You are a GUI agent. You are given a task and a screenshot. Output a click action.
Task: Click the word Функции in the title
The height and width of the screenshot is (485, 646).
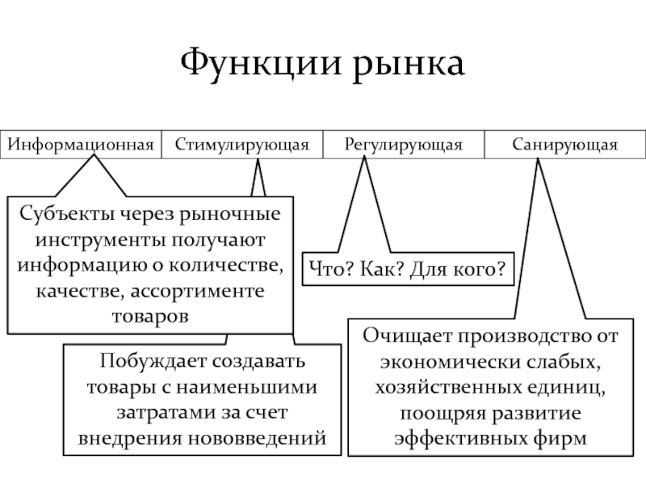tap(261, 63)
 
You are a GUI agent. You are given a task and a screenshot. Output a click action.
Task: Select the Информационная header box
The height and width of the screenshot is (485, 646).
tap(81, 145)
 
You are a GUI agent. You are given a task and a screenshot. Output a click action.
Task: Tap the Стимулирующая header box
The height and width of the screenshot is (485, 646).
tap(242, 145)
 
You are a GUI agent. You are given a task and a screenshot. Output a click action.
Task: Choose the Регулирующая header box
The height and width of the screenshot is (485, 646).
tap(404, 145)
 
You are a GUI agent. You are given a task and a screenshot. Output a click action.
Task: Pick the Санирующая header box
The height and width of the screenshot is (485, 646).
tap(565, 145)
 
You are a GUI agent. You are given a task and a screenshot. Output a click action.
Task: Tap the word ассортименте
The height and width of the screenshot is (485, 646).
tap(197, 292)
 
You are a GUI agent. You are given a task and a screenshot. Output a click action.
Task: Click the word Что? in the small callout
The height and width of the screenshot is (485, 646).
tap(331, 269)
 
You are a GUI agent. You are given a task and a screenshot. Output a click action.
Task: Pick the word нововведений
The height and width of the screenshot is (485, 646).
tap(257, 438)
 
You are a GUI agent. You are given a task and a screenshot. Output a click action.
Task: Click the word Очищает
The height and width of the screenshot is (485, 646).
tap(407, 336)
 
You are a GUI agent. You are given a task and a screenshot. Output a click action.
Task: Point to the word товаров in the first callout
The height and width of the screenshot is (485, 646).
tap(150, 317)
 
